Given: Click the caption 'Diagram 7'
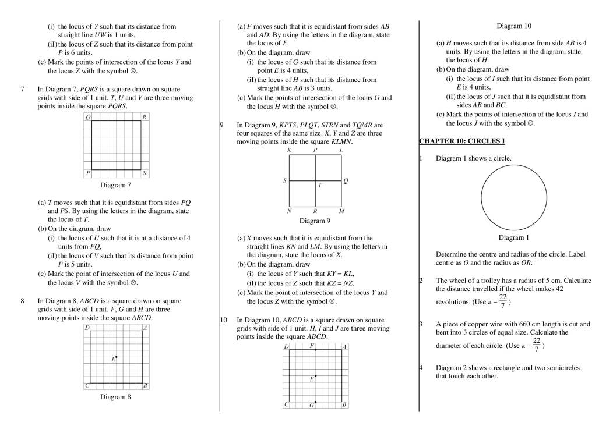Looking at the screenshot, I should coord(115,186).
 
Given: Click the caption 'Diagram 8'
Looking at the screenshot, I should coord(115,397).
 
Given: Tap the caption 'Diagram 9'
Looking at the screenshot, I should coord(315,221).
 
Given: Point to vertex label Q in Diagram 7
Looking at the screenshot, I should coord(87,117).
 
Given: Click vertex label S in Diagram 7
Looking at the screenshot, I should coord(145,173).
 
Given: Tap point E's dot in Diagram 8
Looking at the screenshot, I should coord(117,357).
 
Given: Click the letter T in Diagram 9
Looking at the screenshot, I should coord(319,186).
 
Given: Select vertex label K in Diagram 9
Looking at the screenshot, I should coord(289,150).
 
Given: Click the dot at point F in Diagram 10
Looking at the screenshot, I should coord(315,350).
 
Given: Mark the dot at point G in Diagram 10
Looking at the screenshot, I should coord(315,402).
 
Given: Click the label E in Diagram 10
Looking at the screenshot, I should coord(312,379).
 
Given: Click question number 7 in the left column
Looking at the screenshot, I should coord(22,89).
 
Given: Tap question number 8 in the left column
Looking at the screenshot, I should coord(22,301).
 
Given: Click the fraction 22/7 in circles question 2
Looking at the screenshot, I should coord(503,301).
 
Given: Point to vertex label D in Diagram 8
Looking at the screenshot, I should coord(87,328).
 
